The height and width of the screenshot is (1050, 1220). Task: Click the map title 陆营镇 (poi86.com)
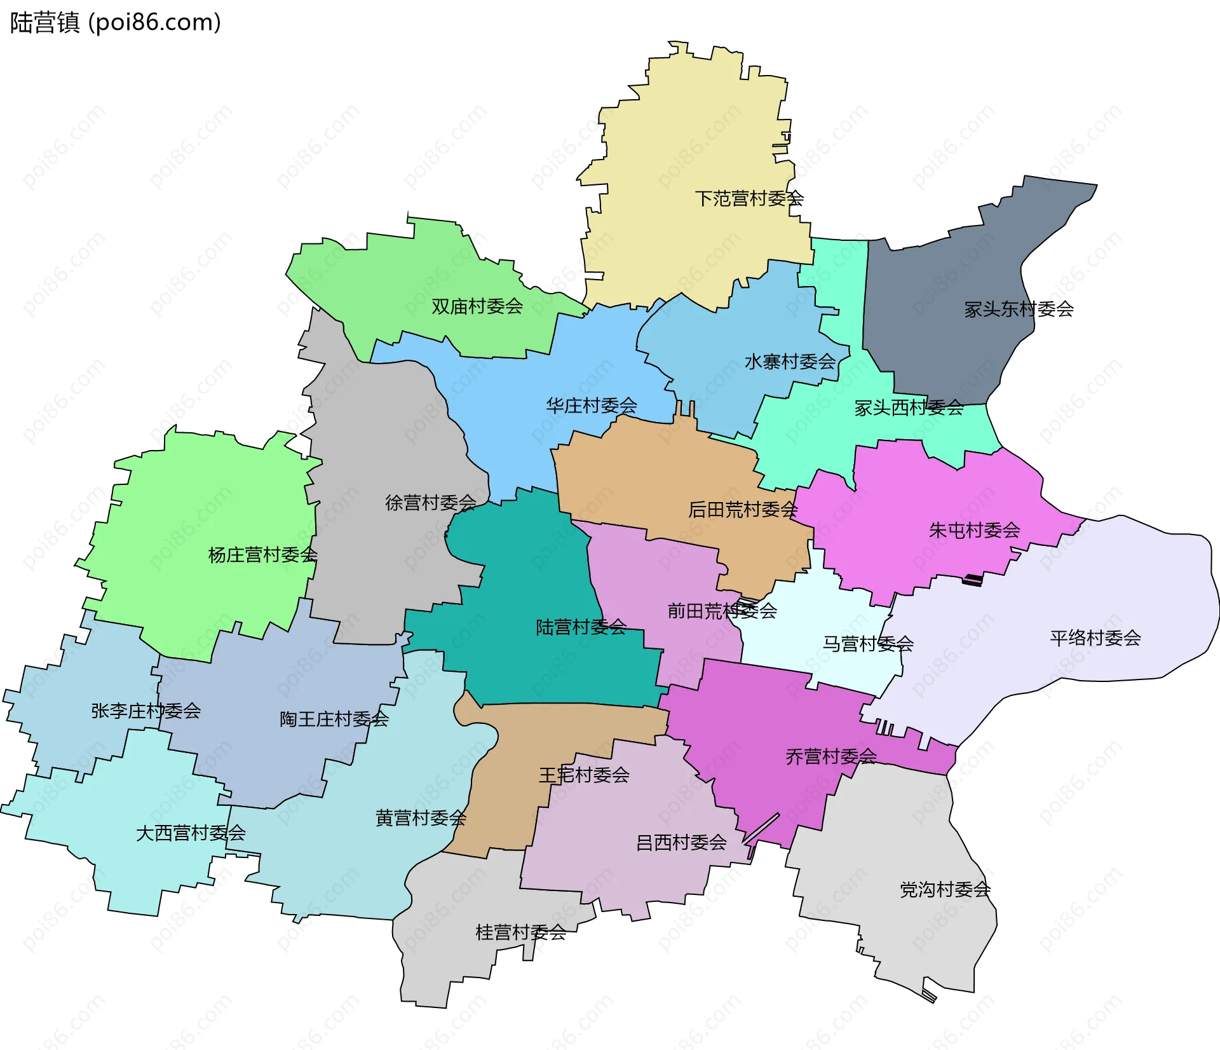[116, 22]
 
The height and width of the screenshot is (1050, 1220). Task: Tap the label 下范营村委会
[749, 199]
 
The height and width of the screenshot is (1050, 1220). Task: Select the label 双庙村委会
[477, 306]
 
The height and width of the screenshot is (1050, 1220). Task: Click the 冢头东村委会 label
[1019, 310]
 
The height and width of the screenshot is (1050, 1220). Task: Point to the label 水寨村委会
[790, 362]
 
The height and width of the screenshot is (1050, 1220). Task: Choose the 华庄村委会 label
[591, 406]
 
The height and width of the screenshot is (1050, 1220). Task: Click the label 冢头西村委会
[909, 408]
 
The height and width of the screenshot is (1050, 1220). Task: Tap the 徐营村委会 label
[430, 503]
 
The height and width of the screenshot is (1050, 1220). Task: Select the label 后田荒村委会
[743, 510]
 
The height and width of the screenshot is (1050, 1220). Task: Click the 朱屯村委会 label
[974, 530]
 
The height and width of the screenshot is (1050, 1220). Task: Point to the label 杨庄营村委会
[262, 555]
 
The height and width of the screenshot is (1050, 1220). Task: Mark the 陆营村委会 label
[581, 627]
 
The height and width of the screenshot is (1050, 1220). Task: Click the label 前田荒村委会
[722, 611]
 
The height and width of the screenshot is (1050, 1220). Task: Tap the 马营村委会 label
[868, 644]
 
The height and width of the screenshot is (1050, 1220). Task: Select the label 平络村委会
[1095, 638]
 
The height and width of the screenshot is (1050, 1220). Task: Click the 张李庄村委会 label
[146, 711]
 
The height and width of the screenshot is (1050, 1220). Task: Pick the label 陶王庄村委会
[334, 719]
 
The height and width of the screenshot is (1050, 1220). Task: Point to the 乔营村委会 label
[830, 756]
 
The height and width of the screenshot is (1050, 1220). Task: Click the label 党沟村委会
[945, 890]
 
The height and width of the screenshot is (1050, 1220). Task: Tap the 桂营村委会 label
[520, 932]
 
